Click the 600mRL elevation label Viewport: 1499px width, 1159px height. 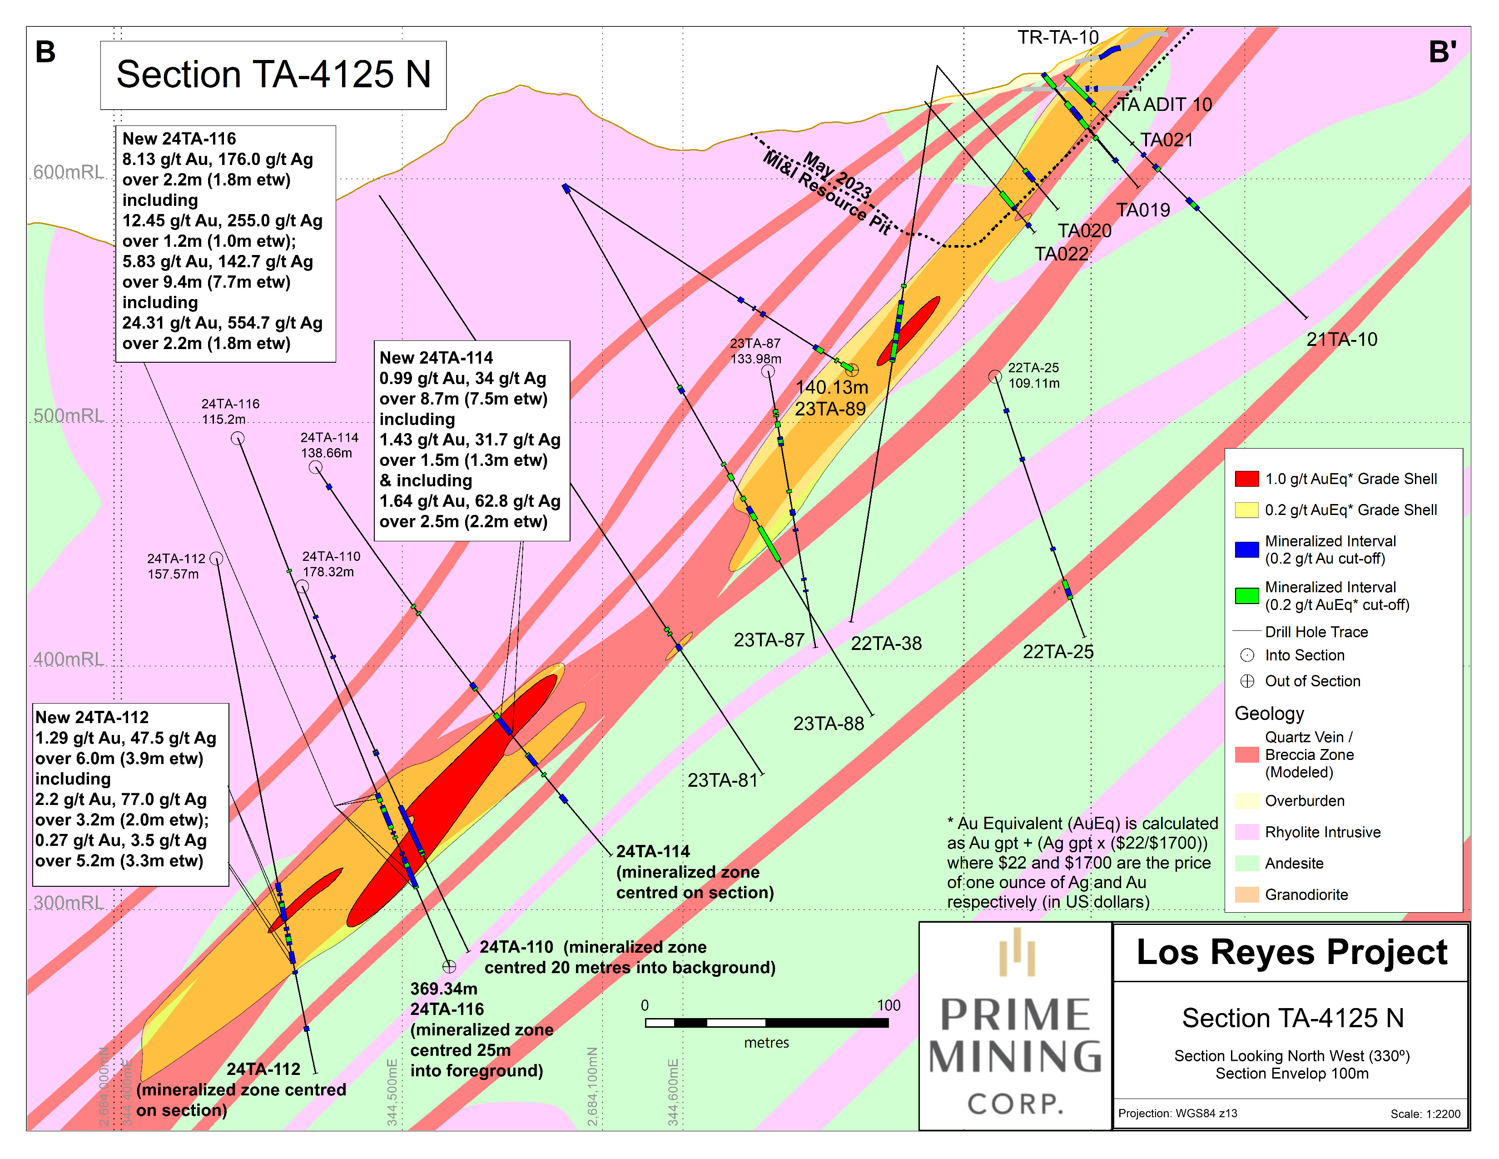point(68,172)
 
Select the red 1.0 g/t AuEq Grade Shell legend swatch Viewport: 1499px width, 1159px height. point(1246,479)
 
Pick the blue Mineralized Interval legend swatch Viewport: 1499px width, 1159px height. point(1246,550)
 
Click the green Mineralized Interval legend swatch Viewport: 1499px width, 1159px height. point(1246,595)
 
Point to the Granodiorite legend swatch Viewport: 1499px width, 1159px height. point(1246,894)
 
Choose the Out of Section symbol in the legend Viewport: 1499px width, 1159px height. point(1247,681)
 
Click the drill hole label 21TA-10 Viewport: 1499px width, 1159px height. point(1341,339)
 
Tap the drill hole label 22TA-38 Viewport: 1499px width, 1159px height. point(886,643)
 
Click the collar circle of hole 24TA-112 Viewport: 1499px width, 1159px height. point(216,558)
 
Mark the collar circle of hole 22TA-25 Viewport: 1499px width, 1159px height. point(994,376)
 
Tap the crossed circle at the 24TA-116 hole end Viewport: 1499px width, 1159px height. point(449,967)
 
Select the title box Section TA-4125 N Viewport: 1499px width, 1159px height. point(273,75)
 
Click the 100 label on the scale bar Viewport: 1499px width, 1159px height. point(888,1005)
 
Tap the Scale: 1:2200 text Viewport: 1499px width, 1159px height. point(1425,1114)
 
